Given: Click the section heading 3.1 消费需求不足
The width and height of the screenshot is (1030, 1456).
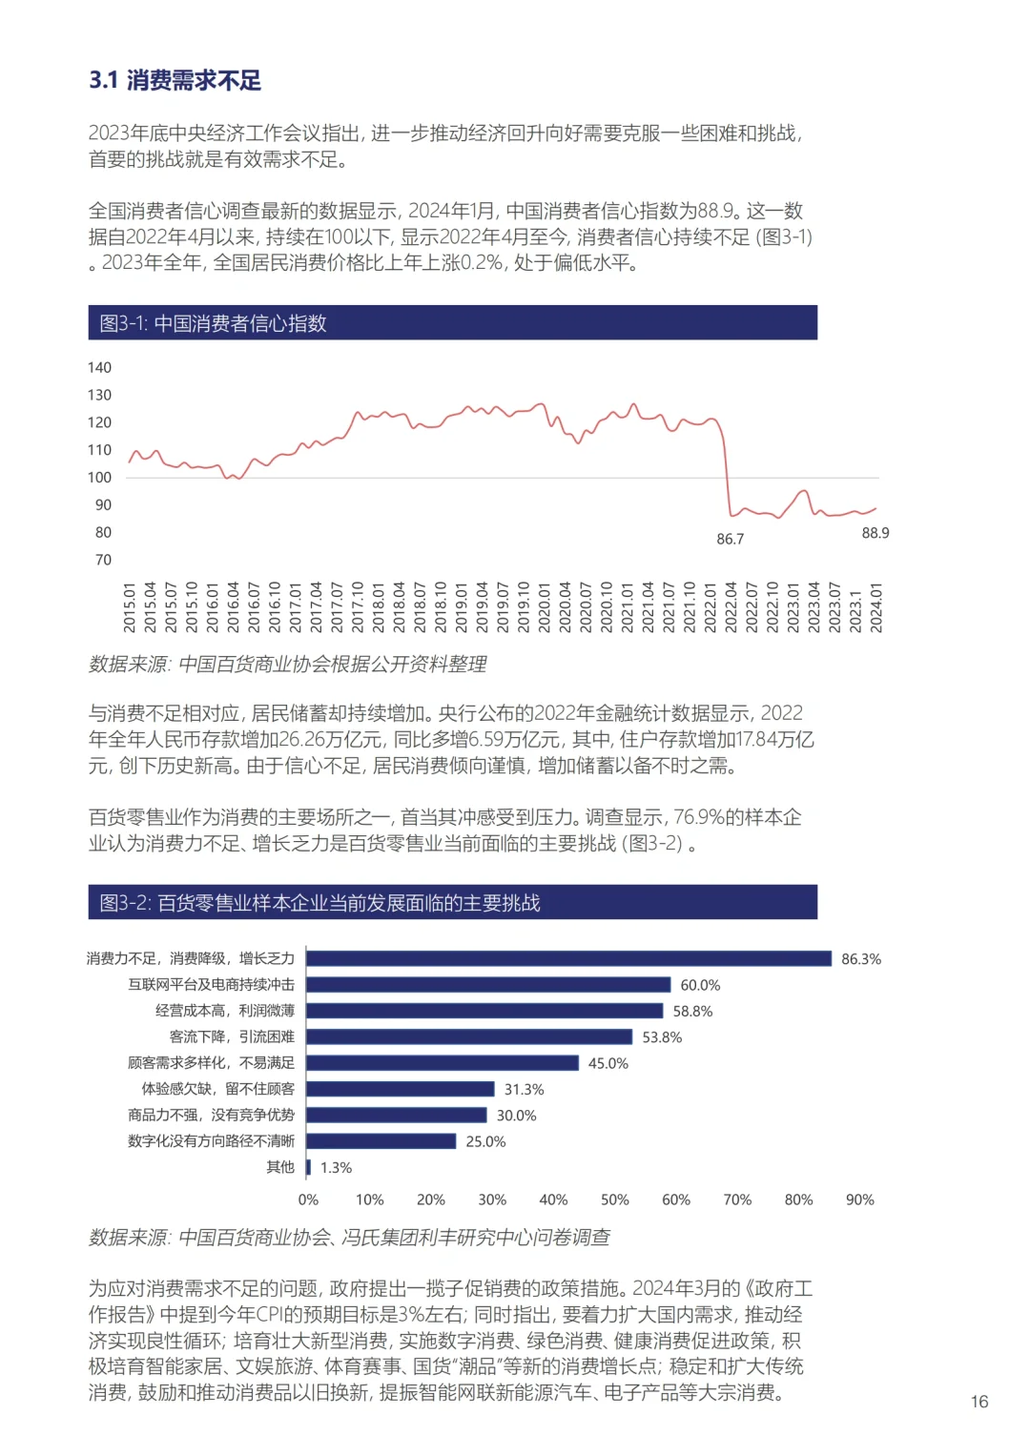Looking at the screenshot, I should pos(175,80).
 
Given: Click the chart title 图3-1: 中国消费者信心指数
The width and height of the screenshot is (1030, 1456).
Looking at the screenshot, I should pos(213,323).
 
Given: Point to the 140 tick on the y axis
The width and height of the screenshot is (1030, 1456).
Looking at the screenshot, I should pos(100,368).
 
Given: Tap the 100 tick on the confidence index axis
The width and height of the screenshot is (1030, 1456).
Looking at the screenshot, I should pos(100,478).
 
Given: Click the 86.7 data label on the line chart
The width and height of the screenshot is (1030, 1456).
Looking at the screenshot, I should pos(730,540).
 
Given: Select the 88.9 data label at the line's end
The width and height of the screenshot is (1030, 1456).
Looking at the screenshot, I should pos(875,533).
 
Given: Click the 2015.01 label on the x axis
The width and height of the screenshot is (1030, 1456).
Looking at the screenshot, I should pos(130,607).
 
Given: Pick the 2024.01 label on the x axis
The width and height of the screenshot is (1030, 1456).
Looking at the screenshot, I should pos(876,607).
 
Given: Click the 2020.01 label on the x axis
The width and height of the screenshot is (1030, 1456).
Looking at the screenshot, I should pos(545,607).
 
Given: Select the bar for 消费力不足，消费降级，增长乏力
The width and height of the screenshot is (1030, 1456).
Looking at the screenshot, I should pos(568,958).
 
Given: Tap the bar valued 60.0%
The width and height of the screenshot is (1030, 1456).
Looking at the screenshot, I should pos(488,985).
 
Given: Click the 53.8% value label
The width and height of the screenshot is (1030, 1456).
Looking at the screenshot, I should pos(662,1037).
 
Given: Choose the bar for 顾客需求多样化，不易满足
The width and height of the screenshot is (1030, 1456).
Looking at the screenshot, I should pos(443,1063).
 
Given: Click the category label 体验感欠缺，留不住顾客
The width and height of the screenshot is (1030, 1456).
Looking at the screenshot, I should pos(218,1089).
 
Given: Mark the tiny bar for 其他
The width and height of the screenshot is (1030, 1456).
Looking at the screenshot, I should pos(308,1167).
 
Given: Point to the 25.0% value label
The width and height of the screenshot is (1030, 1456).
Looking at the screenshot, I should pos(485,1141).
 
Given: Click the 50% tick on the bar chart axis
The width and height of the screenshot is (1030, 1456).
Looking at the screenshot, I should pos(614,1200).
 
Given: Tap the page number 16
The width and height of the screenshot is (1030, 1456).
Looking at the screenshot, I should pos(978,1402).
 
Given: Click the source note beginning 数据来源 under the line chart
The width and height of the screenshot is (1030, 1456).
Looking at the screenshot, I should pos(287,665).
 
